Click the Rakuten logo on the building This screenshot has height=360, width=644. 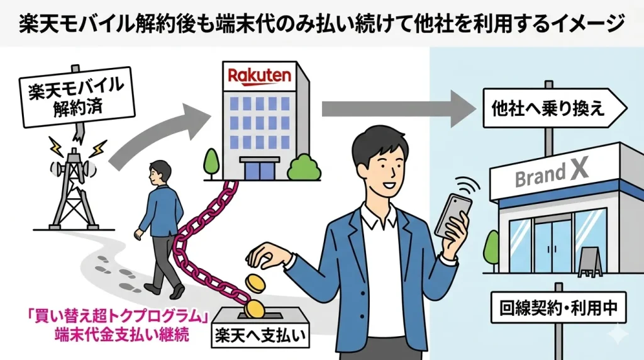pyautogui.click(x=259, y=77)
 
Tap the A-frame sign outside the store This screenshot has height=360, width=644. pyautogui.click(x=591, y=261)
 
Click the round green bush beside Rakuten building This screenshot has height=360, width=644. pyautogui.click(x=301, y=167)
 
